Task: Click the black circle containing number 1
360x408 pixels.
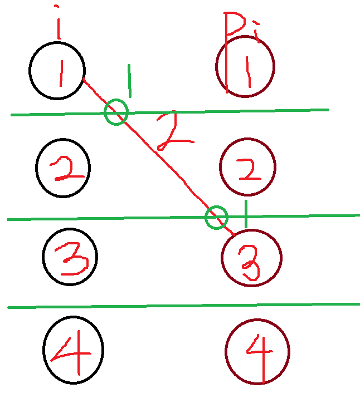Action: pyautogui.click(x=57, y=71)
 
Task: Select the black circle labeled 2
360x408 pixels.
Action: pyautogui.click(x=63, y=168)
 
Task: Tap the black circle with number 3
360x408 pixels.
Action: pyautogui.click(x=70, y=256)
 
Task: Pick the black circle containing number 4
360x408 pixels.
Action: pyautogui.click(x=74, y=350)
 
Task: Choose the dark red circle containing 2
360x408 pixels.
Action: pyautogui.click(x=248, y=167)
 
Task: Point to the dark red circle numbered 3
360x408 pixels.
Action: pyautogui.click(x=251, y=257)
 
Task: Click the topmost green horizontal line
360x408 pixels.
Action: pyautogui.click(x=223, y=111)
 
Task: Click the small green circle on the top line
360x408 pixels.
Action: pyautogui.click(x=116, y=112)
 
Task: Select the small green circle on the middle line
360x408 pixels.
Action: pyautogui.click(x=216, y=217)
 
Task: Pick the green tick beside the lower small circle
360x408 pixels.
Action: pyautogui.click(x=245, y=214)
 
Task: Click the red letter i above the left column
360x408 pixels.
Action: pyautogui.click(x=57, y=23)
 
